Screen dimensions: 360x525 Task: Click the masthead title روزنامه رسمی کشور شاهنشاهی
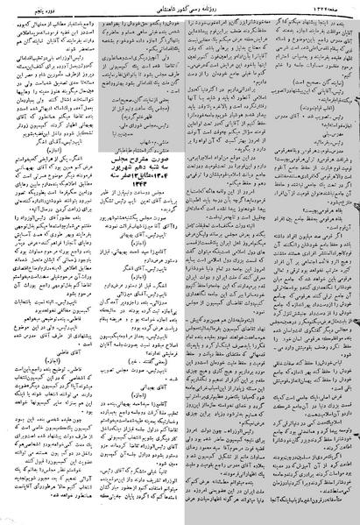179,7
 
